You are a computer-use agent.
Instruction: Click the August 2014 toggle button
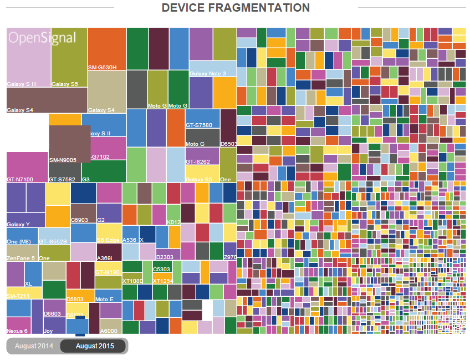[34, 346]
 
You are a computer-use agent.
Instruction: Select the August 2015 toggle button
[94, 346]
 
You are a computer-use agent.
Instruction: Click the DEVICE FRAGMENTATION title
[236, 8]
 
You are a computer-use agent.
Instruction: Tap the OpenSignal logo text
[42, 38]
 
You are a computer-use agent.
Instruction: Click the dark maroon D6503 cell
[228, 128]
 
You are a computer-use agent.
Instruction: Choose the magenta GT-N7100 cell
[27, 166]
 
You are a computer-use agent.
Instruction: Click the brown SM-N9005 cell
[69, 144]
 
